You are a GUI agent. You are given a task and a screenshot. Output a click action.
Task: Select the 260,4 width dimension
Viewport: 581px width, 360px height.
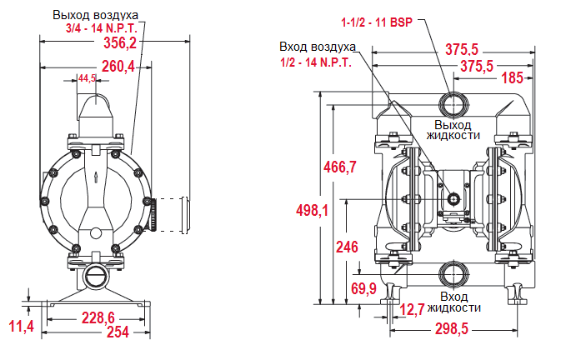point(118,66)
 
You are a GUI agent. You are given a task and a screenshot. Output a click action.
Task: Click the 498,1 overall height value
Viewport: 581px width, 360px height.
point(313,210)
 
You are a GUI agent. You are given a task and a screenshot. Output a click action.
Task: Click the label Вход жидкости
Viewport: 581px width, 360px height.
point(453,302)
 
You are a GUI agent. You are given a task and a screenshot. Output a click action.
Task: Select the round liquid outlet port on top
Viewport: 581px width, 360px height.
point(453,104)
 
